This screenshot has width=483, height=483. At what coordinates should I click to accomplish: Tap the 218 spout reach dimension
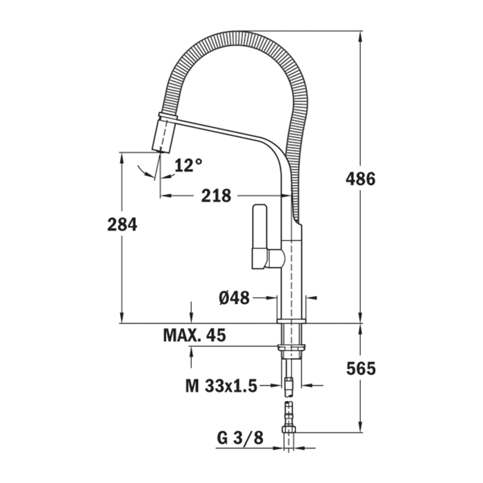tap(216, 195)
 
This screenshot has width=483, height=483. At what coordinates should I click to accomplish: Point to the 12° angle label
tap(188, 165)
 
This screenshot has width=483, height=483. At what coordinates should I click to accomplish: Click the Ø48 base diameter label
tap(234, 298)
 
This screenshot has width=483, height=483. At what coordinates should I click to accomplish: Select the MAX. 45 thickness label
tap(195, 336)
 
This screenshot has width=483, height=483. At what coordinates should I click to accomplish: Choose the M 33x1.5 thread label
tap(221, 386)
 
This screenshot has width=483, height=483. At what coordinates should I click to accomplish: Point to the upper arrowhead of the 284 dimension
tap(122, 158)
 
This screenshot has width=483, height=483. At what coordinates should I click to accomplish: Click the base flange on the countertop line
tap(291, 321)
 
